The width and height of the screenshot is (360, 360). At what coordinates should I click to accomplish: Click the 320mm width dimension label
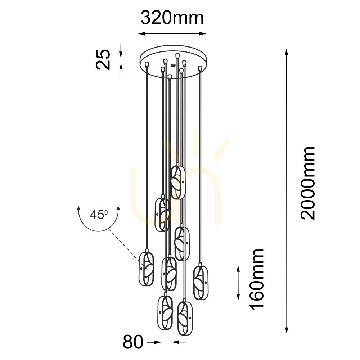pyautogui.click(x=172, y=18)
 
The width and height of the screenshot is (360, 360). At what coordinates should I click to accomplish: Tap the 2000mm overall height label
pyautogui.click(x=308, y=183)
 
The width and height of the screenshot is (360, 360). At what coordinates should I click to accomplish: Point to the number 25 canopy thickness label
pyautogui.click(x=103, y=59)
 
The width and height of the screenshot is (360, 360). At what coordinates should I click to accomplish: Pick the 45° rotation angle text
pyautogui.click(x=99, y=215)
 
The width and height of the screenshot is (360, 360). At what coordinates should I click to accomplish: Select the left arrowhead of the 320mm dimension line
pyautogui.click(x=141, y=34)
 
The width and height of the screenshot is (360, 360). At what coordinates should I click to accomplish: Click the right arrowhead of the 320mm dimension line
pyautogui.click(x=203, y=34)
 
